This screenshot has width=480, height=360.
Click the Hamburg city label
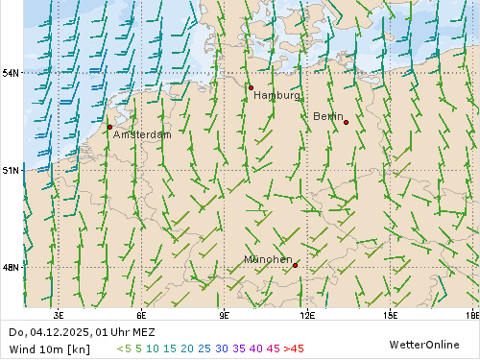pyautogui.click(x=276, y=96)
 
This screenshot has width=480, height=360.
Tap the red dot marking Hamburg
pyautogui.click(x=251, y=87)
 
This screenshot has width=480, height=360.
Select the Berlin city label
pyautogui.click(x=328, y=116)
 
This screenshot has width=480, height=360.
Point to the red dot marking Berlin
pyautogui.click(x=346, y=122)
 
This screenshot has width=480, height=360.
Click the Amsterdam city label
pyautogui.click(x=142, y=135)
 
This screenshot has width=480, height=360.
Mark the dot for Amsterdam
pyautogui.click(x=109, y=127)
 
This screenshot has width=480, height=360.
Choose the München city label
pyautogui.click(x=268, y=259)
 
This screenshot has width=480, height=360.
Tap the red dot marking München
pyautogui.click(x=296, y=265)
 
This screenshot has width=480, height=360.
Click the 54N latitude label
pyautogui.click(x=12, y=73)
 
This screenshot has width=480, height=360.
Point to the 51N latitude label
pyautogui.click(x=12, y=170)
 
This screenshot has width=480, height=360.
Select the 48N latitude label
pyautogui.click(x=12, y=267)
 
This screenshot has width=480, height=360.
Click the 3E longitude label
pyautogui.click(x=59, y=314)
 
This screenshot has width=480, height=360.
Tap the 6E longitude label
pyautogui.click(x=141, y=314)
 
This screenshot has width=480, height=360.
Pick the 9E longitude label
pyautogui.click(x=224, y=314)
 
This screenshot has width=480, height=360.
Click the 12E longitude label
pyautogui.click(x=307, y=314)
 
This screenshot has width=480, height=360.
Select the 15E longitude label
pyautogui.click(x=390, y=314)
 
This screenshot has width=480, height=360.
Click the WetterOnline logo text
pyautogui.click(x=423, y=344)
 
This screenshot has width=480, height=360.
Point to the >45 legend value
pyautogui.click(x=294, y=348)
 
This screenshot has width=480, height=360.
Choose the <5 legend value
pyautogui.click(x=124, y=348)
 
